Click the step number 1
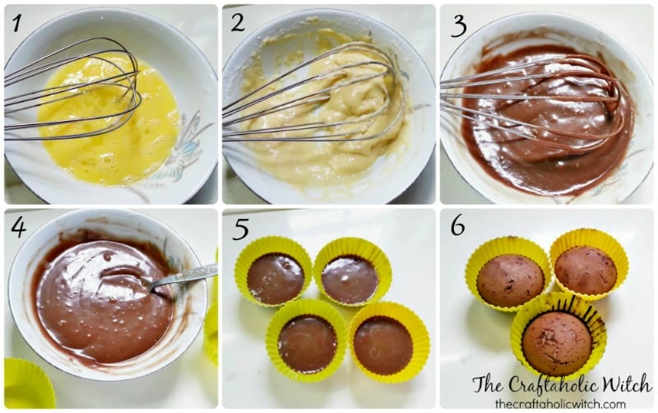[16, 23]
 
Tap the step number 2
[238, 23]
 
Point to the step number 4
[18, 228]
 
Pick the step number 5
[241, 230]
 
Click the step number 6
[458, 226]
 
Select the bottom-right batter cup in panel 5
[389, 342]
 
